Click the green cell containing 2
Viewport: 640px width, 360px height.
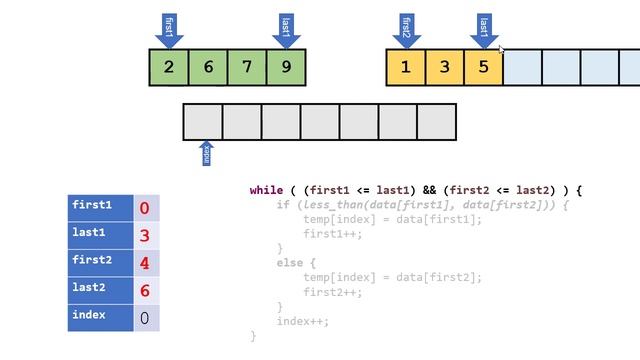(x=168, y=67)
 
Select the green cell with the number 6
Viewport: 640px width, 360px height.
(x=208, y=67)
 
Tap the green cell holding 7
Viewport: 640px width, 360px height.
(x=247, y=67)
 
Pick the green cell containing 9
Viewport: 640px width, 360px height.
(x=286, y=67)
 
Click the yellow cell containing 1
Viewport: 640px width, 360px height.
(x=405, y=67)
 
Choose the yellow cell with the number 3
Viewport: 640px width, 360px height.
(x=444, y=67)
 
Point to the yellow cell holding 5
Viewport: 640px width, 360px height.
(x=483, y=67)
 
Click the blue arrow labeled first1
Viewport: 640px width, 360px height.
(x=168, y=29)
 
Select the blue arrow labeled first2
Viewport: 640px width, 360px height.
(x=406, y=29)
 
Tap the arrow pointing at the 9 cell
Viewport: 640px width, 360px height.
(x=286, y=29)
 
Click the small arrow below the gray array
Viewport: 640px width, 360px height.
(x=207, y=154)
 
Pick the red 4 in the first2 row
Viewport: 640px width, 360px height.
(x=145, y=263)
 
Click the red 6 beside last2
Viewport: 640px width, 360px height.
(x=145, y=290)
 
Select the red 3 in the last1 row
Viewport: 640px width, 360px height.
(x=145, y=236)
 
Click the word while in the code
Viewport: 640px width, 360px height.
(x=267, y=190)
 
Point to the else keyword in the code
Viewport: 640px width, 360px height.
(x=290, y=262)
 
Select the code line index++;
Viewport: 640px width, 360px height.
(x=303, y=321)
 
